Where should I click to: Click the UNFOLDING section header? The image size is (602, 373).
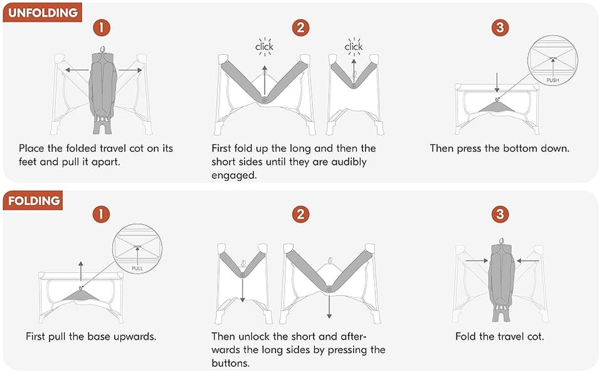point(42,13)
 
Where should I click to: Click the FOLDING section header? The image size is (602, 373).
point(33,200)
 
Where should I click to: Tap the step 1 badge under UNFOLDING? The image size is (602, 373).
point(102,28)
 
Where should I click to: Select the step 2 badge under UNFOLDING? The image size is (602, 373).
point(300,28)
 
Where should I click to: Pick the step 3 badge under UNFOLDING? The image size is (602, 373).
point(500,28)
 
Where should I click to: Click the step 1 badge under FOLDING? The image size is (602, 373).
point(102,214)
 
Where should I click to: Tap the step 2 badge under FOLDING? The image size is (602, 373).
point(300,214)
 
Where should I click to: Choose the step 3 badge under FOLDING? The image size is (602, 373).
point(500,214)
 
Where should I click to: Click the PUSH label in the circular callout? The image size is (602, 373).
point(553,80)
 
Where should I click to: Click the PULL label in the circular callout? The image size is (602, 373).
point(137,268)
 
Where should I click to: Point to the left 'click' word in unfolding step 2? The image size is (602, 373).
point(264,47)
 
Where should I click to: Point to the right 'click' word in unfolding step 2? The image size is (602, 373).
point(354,47)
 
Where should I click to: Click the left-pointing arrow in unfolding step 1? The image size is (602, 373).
point(77,70)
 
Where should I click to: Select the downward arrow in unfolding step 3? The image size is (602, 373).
point(497,83)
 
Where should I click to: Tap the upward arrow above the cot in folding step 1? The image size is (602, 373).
point(81,271)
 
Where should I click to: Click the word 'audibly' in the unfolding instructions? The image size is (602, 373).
point(349,162)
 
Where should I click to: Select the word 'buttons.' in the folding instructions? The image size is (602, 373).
point(230,363)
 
